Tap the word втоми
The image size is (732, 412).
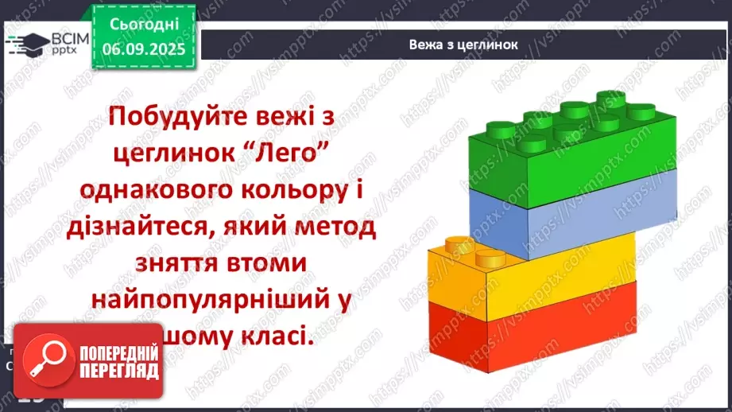point(273,263)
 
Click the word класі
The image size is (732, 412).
point(276,336)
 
